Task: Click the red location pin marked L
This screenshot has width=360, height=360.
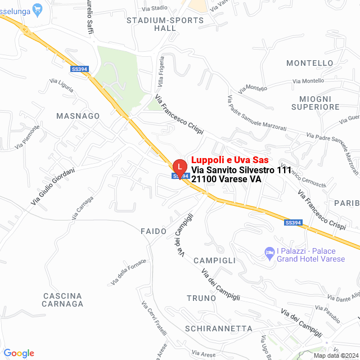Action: (179, 168)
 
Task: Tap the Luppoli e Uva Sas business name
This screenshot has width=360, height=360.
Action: (229, 160)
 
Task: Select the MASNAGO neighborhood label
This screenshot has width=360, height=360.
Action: (78, 116)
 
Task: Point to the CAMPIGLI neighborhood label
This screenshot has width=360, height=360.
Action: (214, 261)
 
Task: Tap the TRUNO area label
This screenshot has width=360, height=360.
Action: (201, 298)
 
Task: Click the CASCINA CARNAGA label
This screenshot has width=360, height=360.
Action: (62, 300)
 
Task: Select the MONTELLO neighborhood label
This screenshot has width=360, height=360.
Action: (310, 63)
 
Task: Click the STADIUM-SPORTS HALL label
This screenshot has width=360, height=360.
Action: (157, 24)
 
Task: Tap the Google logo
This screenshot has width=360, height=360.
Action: (19, 353)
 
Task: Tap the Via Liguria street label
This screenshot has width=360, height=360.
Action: (61, 85)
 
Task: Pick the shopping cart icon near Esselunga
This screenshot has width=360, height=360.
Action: (38, 8)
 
